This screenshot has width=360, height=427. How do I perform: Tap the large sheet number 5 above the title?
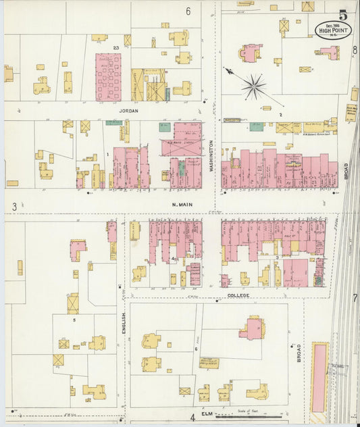[343, 14]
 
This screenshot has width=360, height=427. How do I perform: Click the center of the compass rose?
[253, 85]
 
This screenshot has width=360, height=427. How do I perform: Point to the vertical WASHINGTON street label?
[211, 156]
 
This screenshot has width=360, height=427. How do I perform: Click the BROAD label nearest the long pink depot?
[299, 353]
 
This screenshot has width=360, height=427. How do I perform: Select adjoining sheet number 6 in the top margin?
[188, 11]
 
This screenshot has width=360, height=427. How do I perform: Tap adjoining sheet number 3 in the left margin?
[14, 205]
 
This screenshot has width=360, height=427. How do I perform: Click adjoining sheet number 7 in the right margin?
[354, 297]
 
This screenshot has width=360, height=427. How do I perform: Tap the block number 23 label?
[116, 47]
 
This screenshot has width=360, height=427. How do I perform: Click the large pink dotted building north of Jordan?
[108, 76]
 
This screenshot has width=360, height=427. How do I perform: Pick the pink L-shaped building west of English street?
[77, 249]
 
